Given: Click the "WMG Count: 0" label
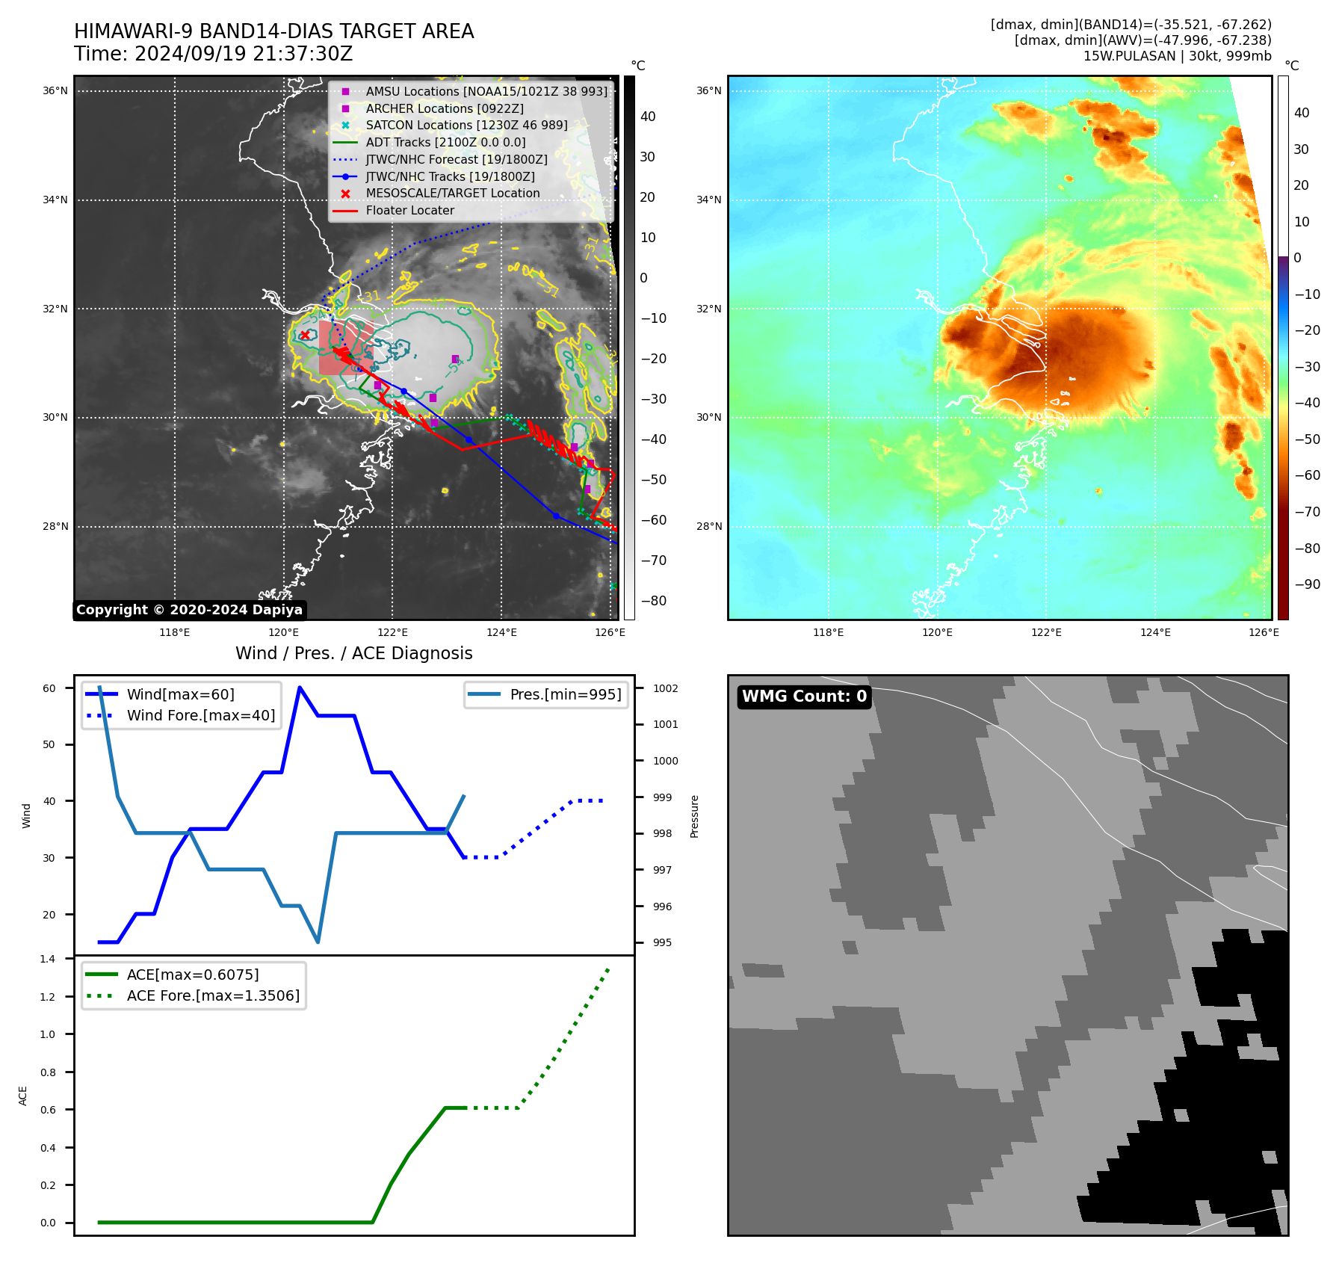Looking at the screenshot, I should (804, 697).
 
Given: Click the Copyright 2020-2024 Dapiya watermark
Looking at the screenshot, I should (189, 610).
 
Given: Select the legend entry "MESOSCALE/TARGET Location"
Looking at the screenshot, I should (452, 194).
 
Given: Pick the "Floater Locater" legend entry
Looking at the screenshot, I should (409, 211).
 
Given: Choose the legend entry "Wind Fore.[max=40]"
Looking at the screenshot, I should (200, 715).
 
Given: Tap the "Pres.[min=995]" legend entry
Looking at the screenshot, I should (565, 694).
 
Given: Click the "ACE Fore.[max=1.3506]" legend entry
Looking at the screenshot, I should (213, 995).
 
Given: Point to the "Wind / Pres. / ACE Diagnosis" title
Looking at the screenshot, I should (353, 653).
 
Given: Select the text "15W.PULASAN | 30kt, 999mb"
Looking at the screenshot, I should (1177, 56).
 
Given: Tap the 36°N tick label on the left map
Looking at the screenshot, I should (55, 91).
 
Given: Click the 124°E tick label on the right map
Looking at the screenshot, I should (1155, 633).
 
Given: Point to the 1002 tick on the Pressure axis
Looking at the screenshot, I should (665, 688).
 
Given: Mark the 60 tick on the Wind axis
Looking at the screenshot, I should (49, 688).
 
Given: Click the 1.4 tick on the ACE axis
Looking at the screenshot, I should (48, 959).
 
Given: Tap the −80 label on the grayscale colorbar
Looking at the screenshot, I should (653, 601).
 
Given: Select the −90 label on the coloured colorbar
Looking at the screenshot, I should (1307, 584).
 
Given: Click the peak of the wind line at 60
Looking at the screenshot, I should (300, 688).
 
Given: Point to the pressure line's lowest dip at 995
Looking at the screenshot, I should (318, 942).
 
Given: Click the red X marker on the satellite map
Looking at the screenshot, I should (305, 335).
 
